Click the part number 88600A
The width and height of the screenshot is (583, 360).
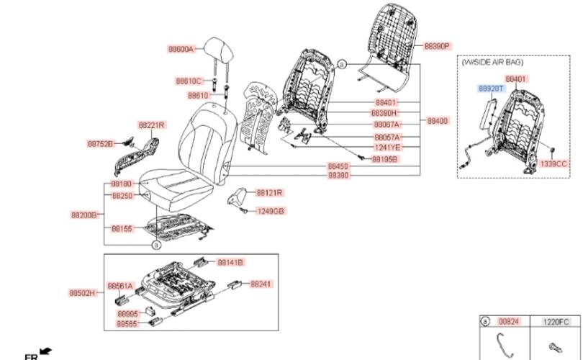(x=181, y=49)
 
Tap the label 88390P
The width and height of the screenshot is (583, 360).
(x=436, y=45)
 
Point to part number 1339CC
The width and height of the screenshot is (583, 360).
(x=555, y=164)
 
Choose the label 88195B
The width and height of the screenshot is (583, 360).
(x=385, y=158)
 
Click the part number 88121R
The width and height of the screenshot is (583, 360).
(x=270, y=192)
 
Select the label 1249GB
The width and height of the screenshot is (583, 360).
(x=271, y=211)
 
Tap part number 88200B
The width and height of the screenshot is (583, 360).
(x=83, y=215)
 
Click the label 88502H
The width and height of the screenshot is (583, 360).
(x=82, y=293)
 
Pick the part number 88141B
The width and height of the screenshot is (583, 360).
(x=230, y=262)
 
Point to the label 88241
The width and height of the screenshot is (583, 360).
(x=261, y=284)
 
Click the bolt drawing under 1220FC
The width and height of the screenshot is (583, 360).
(x=555, y=346)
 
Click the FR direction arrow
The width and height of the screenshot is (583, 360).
(x=47, y=351)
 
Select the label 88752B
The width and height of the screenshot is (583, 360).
(x=101, y=143)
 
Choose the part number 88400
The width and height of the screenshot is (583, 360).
(x=437, y=120)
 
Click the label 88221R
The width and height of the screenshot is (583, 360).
(x=152, y=125)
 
